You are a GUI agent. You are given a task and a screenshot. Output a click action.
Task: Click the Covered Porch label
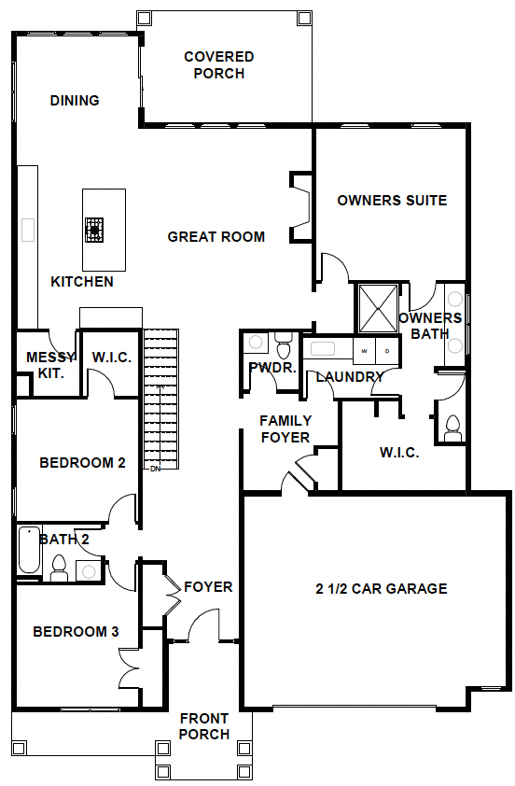tap(219, 64)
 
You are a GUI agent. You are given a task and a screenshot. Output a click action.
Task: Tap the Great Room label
tap(216, 236)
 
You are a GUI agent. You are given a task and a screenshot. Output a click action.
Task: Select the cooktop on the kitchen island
tap(93, 230)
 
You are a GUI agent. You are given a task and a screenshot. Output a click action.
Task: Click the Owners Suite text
tap(392, 201)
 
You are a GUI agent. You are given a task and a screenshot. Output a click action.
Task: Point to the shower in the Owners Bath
tap(379, 308)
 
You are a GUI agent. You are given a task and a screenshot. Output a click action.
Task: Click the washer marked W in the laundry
tap(364, 351)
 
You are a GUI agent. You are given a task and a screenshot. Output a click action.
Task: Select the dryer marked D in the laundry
tap(387, 351)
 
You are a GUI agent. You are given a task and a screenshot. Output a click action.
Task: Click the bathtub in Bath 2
tap(29, 550)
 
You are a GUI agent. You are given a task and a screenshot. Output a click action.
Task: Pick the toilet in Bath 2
tap(59, 568)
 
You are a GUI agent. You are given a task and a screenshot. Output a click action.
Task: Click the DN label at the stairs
tap(155, 470)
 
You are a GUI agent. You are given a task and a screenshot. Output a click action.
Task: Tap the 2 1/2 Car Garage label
tap(382, 588)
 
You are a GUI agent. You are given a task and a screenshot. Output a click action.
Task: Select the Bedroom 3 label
tap(76, 632)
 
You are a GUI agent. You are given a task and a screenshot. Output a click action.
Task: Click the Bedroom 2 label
tap(83, 463)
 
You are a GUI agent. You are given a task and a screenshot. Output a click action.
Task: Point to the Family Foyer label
tap(285, 429)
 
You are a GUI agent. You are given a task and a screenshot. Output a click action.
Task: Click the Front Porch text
tap(204, 726)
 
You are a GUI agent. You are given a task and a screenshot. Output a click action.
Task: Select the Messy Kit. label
tap(50, 365)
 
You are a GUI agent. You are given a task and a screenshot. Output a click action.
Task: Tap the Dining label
tap(75, 100)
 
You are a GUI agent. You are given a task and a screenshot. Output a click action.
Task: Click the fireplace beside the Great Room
tap(300, 207)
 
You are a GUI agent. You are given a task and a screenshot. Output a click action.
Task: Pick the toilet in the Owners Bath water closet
tap(452, 428)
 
